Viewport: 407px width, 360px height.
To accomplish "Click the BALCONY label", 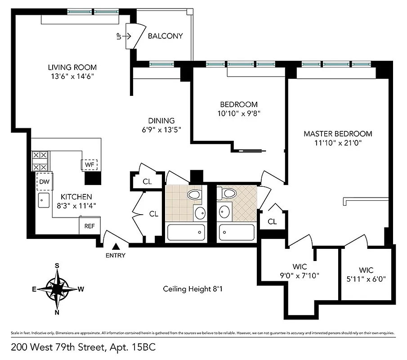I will [x=165, y=36].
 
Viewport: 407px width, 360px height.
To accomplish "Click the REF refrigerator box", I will [x=89, y=226].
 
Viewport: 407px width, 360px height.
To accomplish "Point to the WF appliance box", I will [x=89, y=164].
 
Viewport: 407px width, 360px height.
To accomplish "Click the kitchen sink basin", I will [x=44, y=201].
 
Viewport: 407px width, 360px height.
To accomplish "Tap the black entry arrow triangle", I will [x=116, y=246].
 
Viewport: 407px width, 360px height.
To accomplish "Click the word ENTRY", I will [x=116, y=256].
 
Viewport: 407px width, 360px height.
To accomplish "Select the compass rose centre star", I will [x=58, y=289].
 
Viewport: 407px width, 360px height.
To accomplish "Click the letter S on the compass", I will [x=58, y=265].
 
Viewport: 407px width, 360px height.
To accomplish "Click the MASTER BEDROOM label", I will [x=338, y=134].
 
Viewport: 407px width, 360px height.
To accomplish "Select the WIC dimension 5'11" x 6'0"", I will [x=366, y=279].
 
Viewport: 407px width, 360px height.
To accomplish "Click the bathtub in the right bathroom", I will [x=237, y=233].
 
